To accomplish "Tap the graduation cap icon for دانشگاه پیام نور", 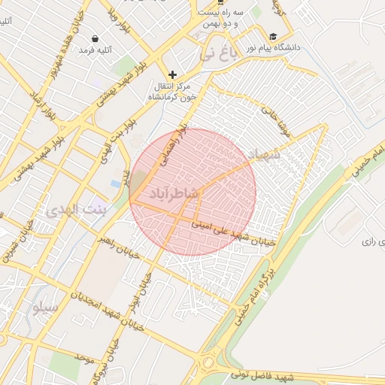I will click(x=272, y=36).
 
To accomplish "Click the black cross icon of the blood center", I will click(x=173, y=74).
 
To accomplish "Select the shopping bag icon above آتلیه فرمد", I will click(x=95, y=38).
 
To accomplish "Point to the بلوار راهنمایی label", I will click(x=173, y=148).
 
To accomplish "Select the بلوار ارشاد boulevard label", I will click(x=42, y=107).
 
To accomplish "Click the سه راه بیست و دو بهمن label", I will click(x=220, y=18).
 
